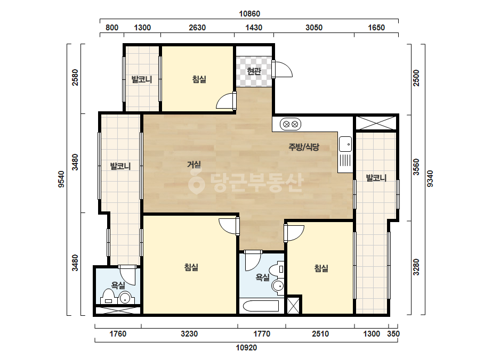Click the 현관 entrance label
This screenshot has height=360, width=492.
(254, 71)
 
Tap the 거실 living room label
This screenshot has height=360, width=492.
(194, 165)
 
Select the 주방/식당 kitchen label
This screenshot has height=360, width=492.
(304, 147)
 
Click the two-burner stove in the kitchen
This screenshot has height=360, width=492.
(290, 124)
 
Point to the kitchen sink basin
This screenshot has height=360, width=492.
(345, 144)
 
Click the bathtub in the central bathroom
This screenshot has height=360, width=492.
(260, 306)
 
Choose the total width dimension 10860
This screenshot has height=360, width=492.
(249, 14)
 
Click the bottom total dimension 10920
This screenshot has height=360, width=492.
(246, 347)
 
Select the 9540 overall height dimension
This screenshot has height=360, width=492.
(61, 179)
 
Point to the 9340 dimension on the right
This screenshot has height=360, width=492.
(430, 179)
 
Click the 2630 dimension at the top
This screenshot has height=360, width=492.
(197, 28)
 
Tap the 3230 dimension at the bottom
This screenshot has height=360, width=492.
(189, 334)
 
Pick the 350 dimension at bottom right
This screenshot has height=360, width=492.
(393, 334)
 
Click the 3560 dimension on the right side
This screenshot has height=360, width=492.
(416, 167)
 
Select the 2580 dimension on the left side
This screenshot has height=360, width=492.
(75, 77)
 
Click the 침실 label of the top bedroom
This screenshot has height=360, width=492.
(199, 79)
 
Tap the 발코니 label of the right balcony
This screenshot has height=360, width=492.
(376, 178)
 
